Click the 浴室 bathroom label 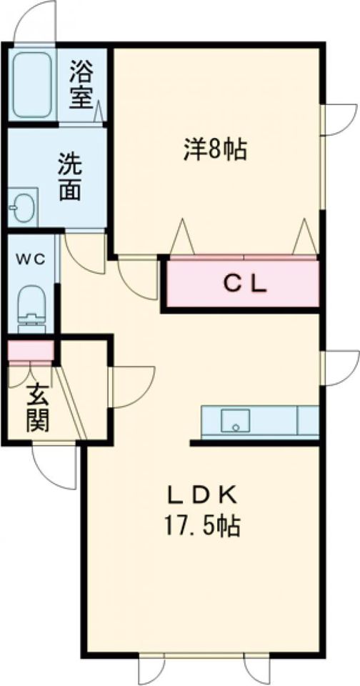tap(81, 86)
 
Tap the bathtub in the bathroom tap(32, 84)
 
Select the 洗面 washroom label tap(70, 177)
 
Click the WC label tap(31, 259)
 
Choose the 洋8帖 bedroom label tap(214, 149)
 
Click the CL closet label tap(245, 285)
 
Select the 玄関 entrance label tap(38, 409)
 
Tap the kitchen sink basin tap(235, 421)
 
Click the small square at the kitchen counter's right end tap(308, 420)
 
